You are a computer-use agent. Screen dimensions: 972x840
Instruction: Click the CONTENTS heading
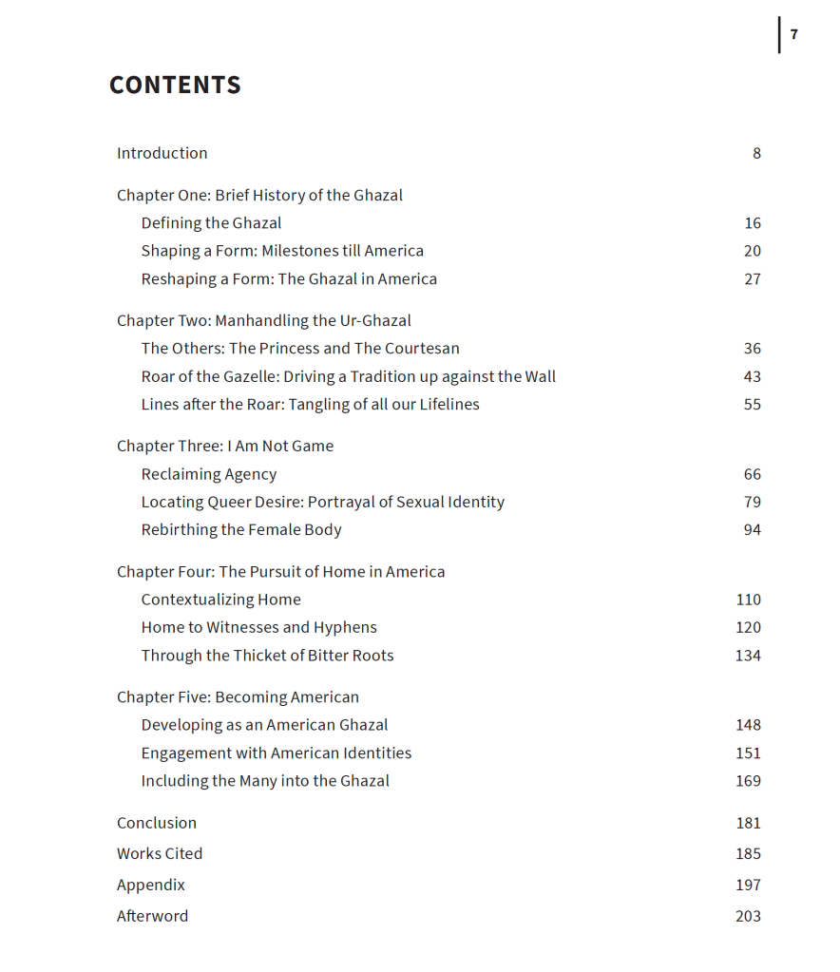pyautogui.click(x=175, y=86)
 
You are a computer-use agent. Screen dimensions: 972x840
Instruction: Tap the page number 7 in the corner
pyautogui.click(x=794, y=35)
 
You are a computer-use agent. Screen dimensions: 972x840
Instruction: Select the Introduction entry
pyautogui.click(x=162, y=153)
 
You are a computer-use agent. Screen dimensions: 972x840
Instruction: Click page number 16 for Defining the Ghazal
pyautogui.click(x=753, y=223)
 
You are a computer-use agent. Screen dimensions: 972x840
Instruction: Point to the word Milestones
pyautogui.click(x=299, y=251)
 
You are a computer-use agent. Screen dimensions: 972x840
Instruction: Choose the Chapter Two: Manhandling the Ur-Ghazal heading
pyautogui.click(x=263, y=320)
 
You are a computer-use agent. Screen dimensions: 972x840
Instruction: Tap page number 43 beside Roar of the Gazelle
pyautogui.click(x=753, y=376)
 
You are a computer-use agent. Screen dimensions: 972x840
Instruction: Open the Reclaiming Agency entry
pyautogui.click(x=209, y=474)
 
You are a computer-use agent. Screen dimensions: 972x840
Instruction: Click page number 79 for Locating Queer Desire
pyautogui.click(x=753, y=502)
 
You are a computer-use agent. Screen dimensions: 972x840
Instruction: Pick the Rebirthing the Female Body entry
pyautogui.click(x=241, y=530)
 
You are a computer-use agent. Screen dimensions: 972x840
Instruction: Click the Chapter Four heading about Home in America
pyautogui.click(x=280, y=571)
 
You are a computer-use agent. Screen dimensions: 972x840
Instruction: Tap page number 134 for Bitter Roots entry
pyautogui.click(x=748, y=656)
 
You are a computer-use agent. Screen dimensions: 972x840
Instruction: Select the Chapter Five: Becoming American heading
pyautogui.click(x=238, y=696)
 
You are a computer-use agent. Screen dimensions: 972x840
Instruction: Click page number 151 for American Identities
pyautogui.click(x=748, y=753)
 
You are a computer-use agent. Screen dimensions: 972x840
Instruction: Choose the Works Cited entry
pyautogui.click(x=160, y=853)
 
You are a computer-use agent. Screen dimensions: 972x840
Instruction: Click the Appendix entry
pyautogui.click(x=151, y=885)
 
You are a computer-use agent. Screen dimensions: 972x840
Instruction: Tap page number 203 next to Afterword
pyautogui.click(x=748, y=916)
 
